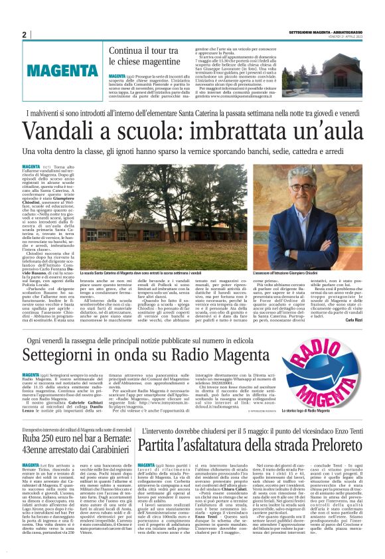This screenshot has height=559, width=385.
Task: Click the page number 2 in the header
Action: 24,35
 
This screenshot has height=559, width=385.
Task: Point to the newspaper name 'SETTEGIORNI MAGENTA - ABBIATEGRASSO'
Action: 327,33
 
